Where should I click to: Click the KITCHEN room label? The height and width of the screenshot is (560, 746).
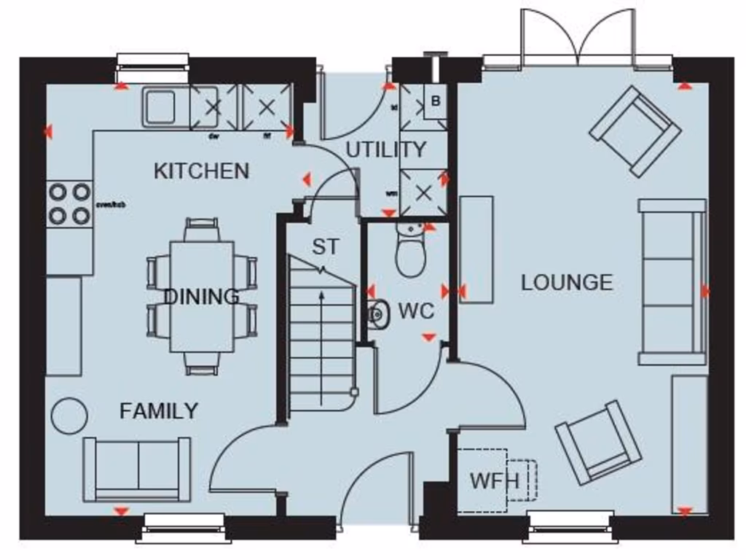click(x=201, y=171)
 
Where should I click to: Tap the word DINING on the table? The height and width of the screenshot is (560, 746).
click(x=201, y=297)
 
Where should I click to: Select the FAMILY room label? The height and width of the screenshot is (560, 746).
click(x=158, y=411)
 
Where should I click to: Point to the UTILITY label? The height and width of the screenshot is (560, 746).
click(x=385, y=149)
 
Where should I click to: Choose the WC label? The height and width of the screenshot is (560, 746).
click(x=416, y=312)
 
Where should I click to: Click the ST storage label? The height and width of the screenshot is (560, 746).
click(x=325, y=247)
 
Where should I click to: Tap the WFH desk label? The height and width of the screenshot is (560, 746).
click(x=494, y=481)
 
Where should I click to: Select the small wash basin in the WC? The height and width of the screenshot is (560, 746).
click(x=377, y=314)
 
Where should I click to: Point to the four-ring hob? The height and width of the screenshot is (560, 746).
click(x=69, y=203)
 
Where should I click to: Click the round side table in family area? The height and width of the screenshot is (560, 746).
click(x=69, y=416)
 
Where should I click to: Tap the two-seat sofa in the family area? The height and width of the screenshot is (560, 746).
click(x=137, y=469)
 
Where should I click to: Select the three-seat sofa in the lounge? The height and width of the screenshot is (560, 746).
click(x=672, y=281)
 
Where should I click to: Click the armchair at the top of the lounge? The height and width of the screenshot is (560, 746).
click(x=635, y=131)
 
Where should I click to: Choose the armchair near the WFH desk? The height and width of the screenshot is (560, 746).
click(x=598, y=442)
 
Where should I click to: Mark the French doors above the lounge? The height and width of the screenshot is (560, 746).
click(x=577, y=36)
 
